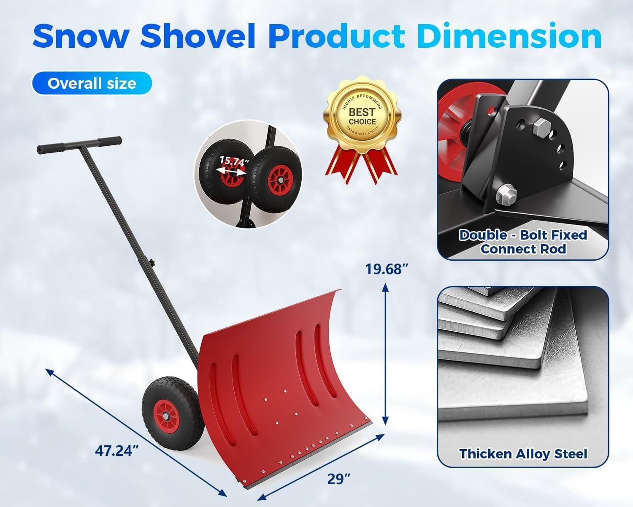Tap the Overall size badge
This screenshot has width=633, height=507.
click(92, 83)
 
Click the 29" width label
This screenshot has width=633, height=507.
click(339, 479)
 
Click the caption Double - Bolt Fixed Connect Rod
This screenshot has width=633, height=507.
click(523, 242)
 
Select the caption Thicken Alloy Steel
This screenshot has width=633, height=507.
click(523, 454)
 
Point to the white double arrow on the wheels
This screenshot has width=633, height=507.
click(230, 171)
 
